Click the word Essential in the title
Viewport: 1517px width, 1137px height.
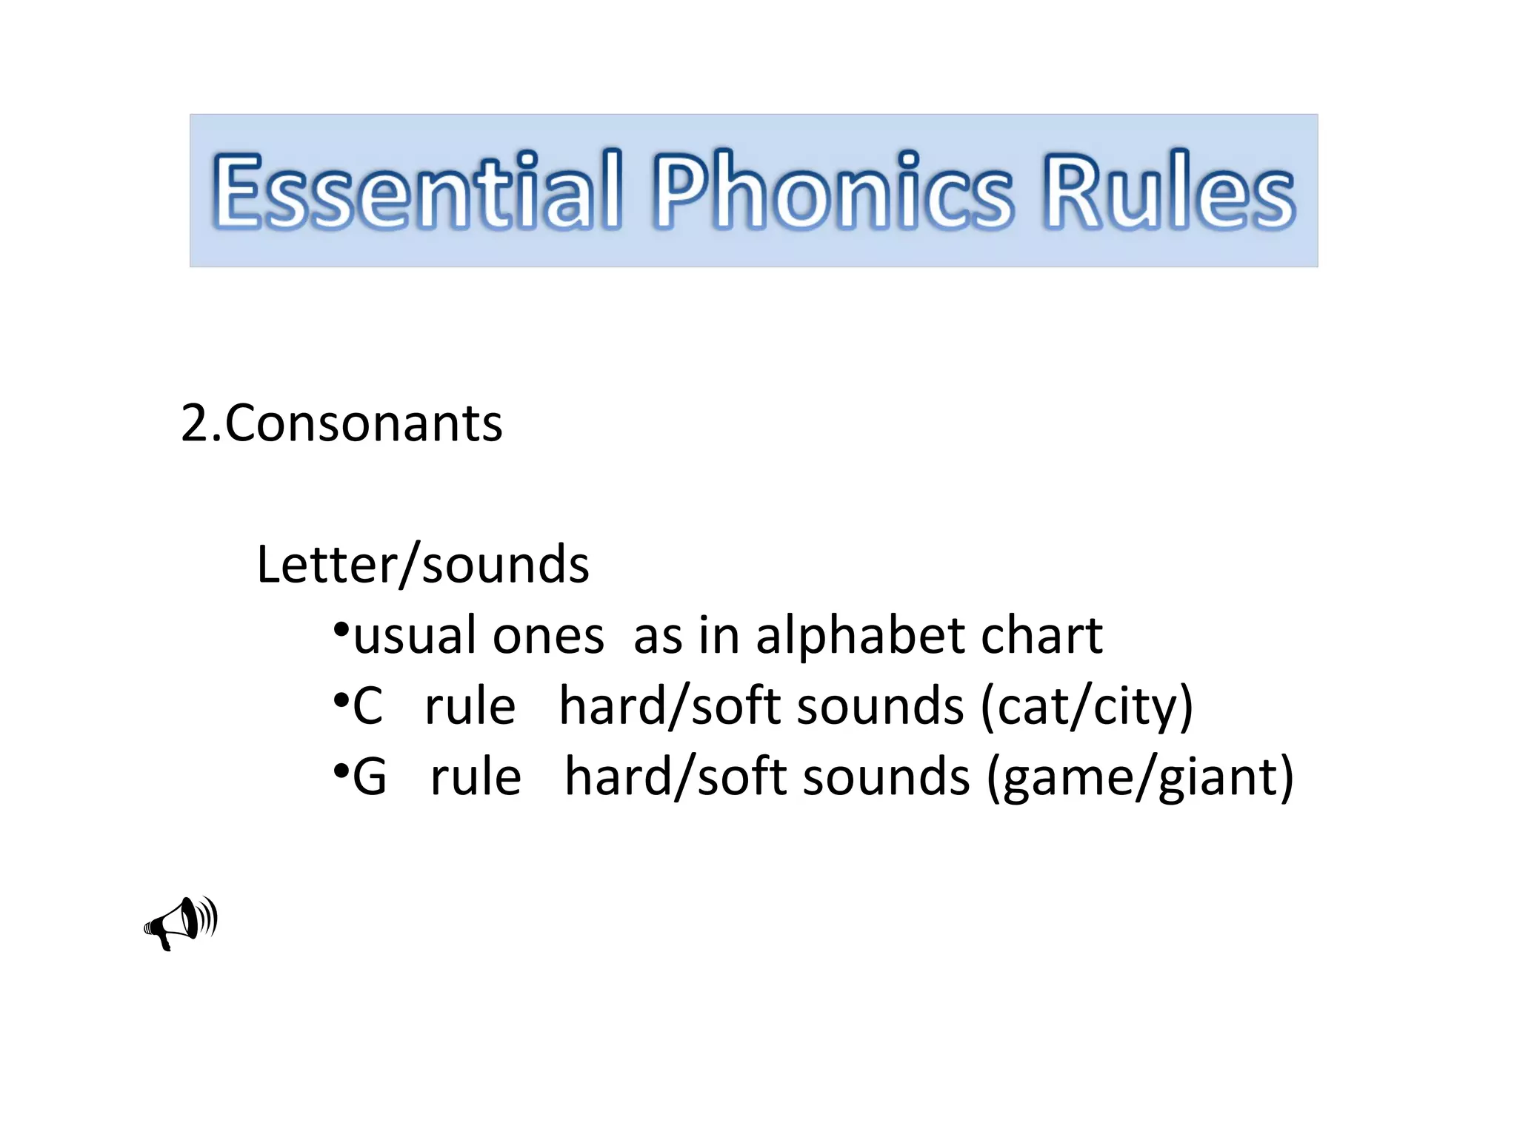[x=416, y=189]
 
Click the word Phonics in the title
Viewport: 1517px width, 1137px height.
[x=832, y=189]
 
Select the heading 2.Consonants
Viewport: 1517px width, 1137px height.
[x=341, y=423]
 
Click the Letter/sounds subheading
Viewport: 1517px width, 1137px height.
[x=423, y=565]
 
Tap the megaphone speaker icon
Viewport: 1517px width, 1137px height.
[x=181, y=922]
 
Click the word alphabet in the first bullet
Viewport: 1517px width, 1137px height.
[x=860, y=635]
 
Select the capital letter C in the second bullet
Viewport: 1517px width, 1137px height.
[x=368, y=706]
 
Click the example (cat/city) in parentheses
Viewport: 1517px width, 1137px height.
[x=1087, y=707]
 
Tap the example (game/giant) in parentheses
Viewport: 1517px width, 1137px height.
[x=1140, y=778]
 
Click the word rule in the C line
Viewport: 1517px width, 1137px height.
[x=470, y=706]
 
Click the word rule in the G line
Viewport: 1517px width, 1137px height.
[x=476, y=777]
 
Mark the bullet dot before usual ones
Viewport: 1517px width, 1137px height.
[x=341, y=630]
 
